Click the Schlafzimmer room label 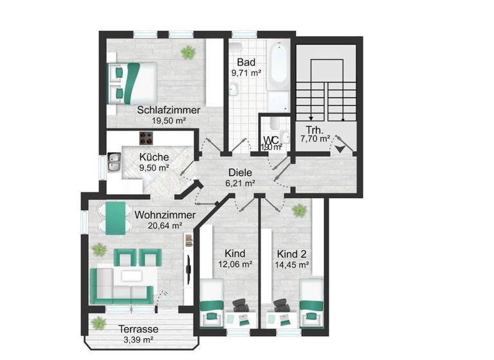click(169, 110)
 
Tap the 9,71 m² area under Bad click(246, 73)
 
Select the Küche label click(154, 157)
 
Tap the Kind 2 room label click(292, 253)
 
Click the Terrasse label click(138, 328)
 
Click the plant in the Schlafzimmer click(188, 51)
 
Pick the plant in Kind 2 click(298, 210)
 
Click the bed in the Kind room click(211, 300)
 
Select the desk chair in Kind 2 click(280, 305)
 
